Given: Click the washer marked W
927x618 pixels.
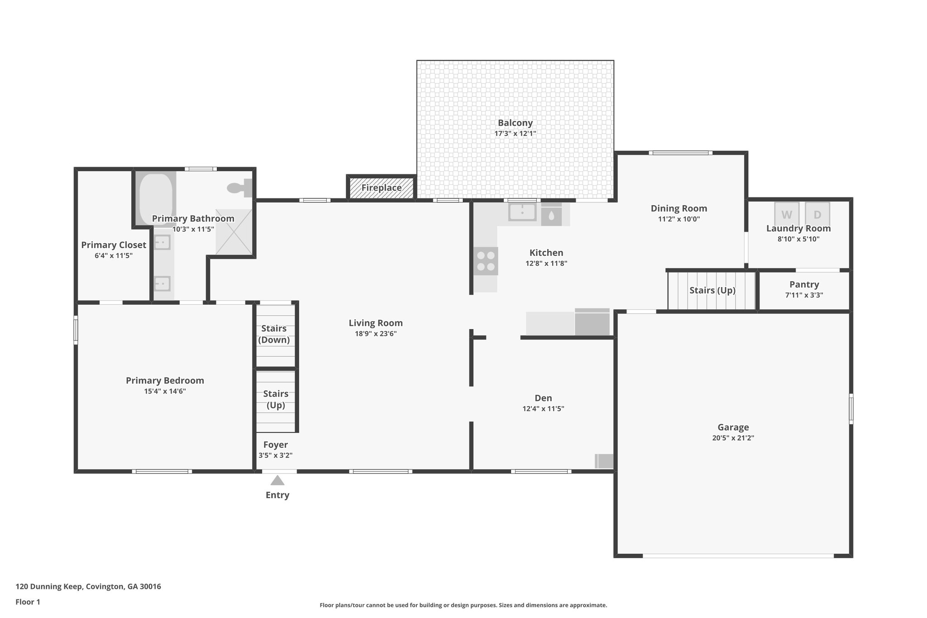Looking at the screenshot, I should point(787,214).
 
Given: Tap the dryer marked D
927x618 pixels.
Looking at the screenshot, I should point(817,214).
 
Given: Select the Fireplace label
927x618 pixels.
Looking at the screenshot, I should point(381,187).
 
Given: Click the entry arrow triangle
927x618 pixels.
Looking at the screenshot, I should point(277,480).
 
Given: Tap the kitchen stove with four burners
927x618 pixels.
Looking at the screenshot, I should point(486,261).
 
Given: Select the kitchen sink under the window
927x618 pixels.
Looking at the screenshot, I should point(522,212).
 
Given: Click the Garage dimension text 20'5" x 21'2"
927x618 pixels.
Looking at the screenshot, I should point(733,438).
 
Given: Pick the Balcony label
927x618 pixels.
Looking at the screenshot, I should point(515,123).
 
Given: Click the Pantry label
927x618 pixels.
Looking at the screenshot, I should point(804,284).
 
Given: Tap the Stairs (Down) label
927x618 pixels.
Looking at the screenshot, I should point(274,334).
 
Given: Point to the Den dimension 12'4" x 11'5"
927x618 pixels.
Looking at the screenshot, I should point(543,408).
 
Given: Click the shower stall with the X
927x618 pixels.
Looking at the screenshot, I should point(234,232).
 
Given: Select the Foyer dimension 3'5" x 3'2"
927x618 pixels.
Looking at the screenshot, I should point(275,455).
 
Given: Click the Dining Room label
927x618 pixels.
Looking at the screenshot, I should point(679,208).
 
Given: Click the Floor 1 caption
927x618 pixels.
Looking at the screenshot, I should point(28,602).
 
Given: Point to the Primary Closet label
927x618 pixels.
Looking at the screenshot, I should point(114,245).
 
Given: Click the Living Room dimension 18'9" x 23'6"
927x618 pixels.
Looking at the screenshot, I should point(376,334).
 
